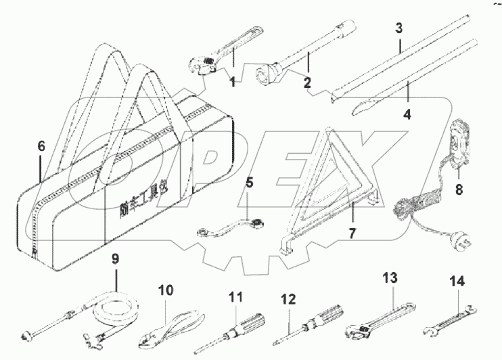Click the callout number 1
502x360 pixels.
coord(232,83)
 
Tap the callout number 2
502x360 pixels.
coord(307,83)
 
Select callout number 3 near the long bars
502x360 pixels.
coord(399,28)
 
